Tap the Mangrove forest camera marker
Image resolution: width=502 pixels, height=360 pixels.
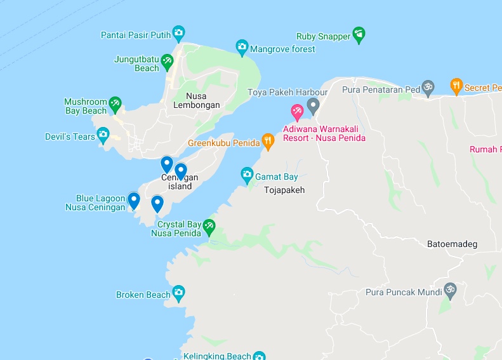(x=241, y=46)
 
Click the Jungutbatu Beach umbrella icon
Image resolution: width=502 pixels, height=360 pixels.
(x=167, y=61)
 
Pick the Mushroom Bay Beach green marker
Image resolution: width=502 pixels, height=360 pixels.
(x=115, y=103)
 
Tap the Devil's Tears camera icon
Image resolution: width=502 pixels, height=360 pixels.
(x=103, y=135)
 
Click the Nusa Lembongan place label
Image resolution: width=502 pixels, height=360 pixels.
(x=197, y=101)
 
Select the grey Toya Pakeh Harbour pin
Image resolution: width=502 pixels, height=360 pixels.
(x=312, y=105)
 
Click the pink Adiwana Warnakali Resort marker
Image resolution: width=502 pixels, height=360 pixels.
(x=296, y=112)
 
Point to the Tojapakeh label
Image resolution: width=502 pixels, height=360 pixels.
(x=284, y=190)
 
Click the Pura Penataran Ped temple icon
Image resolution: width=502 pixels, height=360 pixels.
(x=428, y=87)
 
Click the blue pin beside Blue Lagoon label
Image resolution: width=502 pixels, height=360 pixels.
(x=133, y=200)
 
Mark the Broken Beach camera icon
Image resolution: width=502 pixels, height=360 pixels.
(x=178, y=293)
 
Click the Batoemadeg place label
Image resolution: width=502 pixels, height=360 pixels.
(x=452, y=244)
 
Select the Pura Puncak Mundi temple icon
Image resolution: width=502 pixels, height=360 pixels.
(x=449, y=290)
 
